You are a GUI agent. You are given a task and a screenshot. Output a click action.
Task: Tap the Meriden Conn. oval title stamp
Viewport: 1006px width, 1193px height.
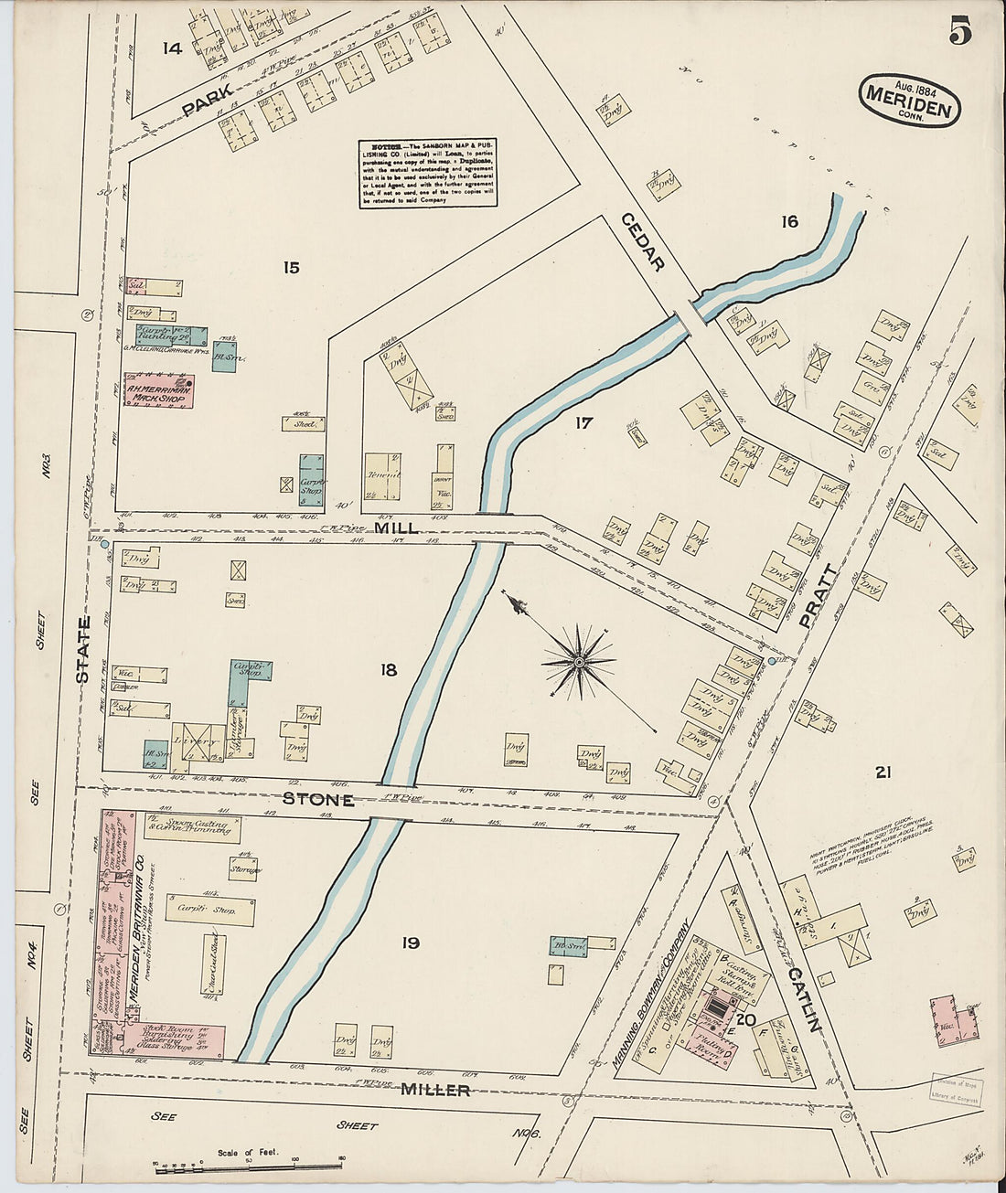click(910, 101)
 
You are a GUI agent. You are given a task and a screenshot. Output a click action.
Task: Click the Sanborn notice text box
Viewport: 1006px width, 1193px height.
click(428, 174)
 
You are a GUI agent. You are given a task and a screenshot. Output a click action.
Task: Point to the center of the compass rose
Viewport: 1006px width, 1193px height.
click(579, 661)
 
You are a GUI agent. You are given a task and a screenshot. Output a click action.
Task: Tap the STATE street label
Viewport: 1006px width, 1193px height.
click(84, 650)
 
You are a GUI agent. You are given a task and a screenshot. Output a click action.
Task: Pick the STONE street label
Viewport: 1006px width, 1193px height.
click(317, 799)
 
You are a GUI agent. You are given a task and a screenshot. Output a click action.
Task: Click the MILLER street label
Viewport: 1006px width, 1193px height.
click(434, 1090)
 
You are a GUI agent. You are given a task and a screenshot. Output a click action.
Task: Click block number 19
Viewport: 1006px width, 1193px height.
click(410, 943)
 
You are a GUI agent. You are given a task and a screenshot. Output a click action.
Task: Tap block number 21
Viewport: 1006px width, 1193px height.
click(883, 773)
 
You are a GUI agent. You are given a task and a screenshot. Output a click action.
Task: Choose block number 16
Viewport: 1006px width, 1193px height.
click(789, 221)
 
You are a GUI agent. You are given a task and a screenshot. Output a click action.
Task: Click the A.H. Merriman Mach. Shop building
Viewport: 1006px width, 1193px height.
click(158, 391)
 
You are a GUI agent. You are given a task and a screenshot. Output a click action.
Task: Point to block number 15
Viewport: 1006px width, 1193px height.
click(291, 268)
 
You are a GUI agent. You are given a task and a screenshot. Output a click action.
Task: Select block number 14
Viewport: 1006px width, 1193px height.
click(172, 48)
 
